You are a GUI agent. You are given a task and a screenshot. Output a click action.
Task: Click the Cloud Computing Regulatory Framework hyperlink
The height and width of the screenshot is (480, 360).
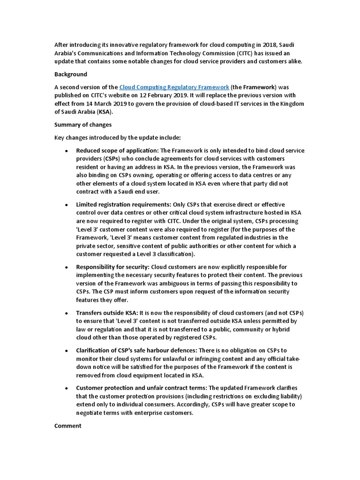174,87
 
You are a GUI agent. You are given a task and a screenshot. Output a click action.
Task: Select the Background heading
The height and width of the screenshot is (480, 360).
71,75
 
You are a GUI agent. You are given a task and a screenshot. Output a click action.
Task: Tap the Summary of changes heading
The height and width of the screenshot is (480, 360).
83,125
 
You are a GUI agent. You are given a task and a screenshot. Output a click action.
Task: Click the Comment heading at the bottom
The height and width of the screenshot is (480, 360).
68,426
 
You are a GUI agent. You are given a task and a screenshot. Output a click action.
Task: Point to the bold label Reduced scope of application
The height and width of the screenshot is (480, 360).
117,150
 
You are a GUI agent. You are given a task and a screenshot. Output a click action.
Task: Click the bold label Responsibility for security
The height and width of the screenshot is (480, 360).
112,267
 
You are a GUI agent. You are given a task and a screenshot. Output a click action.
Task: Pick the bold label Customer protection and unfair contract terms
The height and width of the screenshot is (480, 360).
142,388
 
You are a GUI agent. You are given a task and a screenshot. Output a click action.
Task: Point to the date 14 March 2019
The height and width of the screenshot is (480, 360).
103,104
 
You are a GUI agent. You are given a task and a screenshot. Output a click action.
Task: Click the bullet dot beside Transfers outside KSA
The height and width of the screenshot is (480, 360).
66,313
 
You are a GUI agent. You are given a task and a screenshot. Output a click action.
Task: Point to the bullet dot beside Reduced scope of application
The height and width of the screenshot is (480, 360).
66,151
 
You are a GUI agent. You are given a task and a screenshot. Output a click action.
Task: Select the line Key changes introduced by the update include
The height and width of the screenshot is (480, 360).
120,138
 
